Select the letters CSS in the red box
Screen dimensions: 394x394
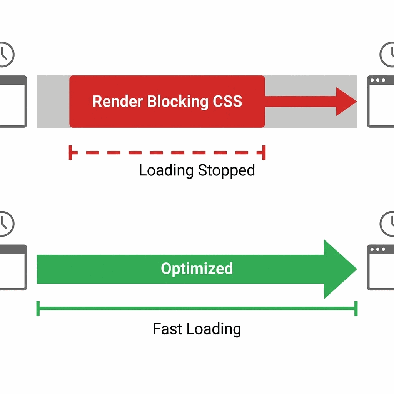point(227,102)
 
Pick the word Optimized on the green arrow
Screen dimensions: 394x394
point(197,269)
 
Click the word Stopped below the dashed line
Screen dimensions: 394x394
point(226,170)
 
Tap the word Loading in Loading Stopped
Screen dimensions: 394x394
point(166,170)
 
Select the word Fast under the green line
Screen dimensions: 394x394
point(168,329)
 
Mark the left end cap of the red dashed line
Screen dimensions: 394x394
point(70,152)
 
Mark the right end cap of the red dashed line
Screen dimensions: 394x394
point(264,152)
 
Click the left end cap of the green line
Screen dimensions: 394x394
point(38,308)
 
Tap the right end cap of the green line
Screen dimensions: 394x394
point(356,308)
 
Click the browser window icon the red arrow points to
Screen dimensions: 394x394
point(381,102)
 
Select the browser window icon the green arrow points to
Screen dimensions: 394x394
point(381,267)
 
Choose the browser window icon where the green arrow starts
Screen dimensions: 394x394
point(13,267)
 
